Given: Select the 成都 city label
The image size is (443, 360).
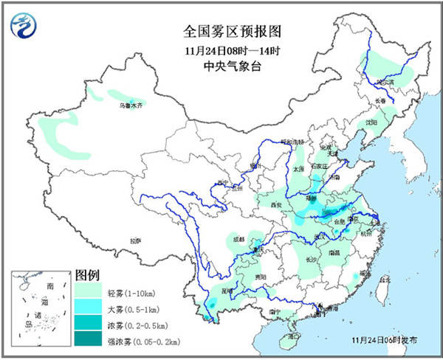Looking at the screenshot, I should click(x=236, y=239).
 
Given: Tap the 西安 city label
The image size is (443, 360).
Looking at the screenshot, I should click(x=276, y=204).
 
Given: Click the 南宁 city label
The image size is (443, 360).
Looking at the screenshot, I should click(x=274, y=312).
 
